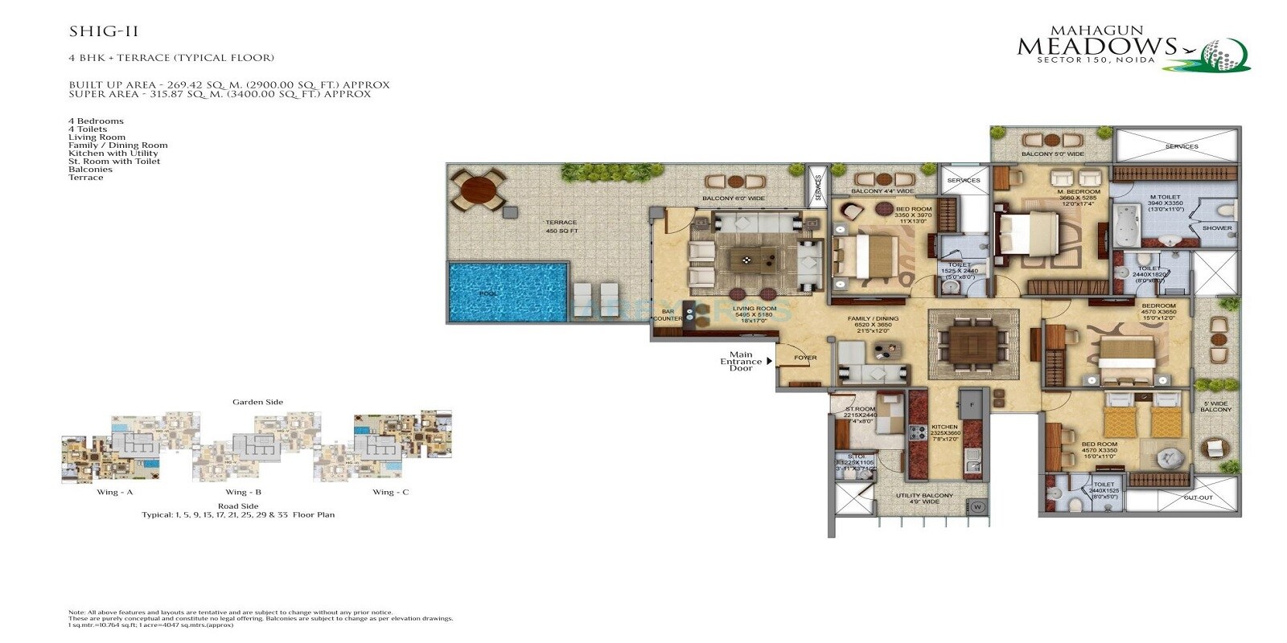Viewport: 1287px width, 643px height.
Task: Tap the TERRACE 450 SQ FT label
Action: coord(561,227)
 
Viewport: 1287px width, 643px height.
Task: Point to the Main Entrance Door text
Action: coord(741,361)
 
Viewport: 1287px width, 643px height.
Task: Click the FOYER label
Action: coord(805,358)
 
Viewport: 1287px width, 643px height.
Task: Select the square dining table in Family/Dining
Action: coord(972,343)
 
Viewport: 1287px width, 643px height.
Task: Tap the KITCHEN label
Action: coord(944,432)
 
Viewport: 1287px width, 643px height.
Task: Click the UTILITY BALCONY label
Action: coord(924,499)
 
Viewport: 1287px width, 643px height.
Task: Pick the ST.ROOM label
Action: coord(860,414)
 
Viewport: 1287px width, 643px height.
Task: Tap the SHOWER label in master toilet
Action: coord(1216,228)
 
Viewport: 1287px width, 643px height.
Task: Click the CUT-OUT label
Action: coord(1198,498)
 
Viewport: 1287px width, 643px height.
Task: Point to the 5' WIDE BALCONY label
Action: coord(1216,407)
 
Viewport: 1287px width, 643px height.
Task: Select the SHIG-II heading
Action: coord(104,32)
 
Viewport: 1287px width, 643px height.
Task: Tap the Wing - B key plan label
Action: coord(243,492)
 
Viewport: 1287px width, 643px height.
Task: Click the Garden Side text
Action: coord(257,402)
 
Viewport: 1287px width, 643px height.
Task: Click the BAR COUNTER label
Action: coord(668,315)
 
